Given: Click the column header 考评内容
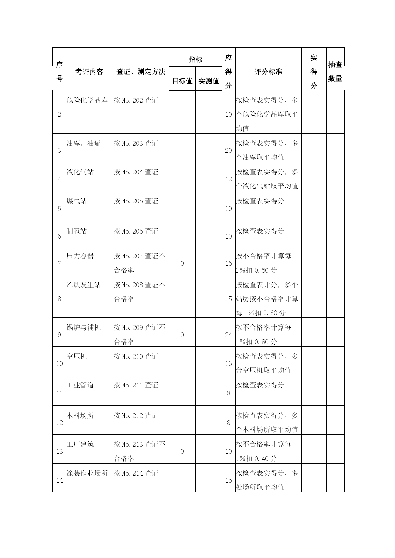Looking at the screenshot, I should pos(89,72).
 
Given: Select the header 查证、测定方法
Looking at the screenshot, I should pos(141,72).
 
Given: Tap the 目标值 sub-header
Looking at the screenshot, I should pos(182,81).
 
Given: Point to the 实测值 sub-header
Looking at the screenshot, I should pos(208,81).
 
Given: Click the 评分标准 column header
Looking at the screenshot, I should pos(268,72).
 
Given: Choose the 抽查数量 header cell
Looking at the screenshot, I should pos(335,72).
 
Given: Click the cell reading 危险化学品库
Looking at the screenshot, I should pos(87,101).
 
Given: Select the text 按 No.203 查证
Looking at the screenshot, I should pos(136,143).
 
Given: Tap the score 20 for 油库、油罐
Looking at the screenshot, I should pos(229,150).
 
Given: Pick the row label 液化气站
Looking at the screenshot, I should pos(80,172).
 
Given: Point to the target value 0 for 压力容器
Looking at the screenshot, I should pos(182,263).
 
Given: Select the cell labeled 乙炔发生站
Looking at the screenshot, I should pos(83,285).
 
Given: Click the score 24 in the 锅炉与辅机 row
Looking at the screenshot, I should pos(229,335).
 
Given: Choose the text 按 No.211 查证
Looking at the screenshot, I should pos(136,385).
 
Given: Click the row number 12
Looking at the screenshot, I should pos(60,423).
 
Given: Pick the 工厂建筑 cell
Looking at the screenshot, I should pos(80,444).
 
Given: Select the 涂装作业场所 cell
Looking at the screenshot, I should pos(87,473).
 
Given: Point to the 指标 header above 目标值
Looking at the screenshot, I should pos(195,59).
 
